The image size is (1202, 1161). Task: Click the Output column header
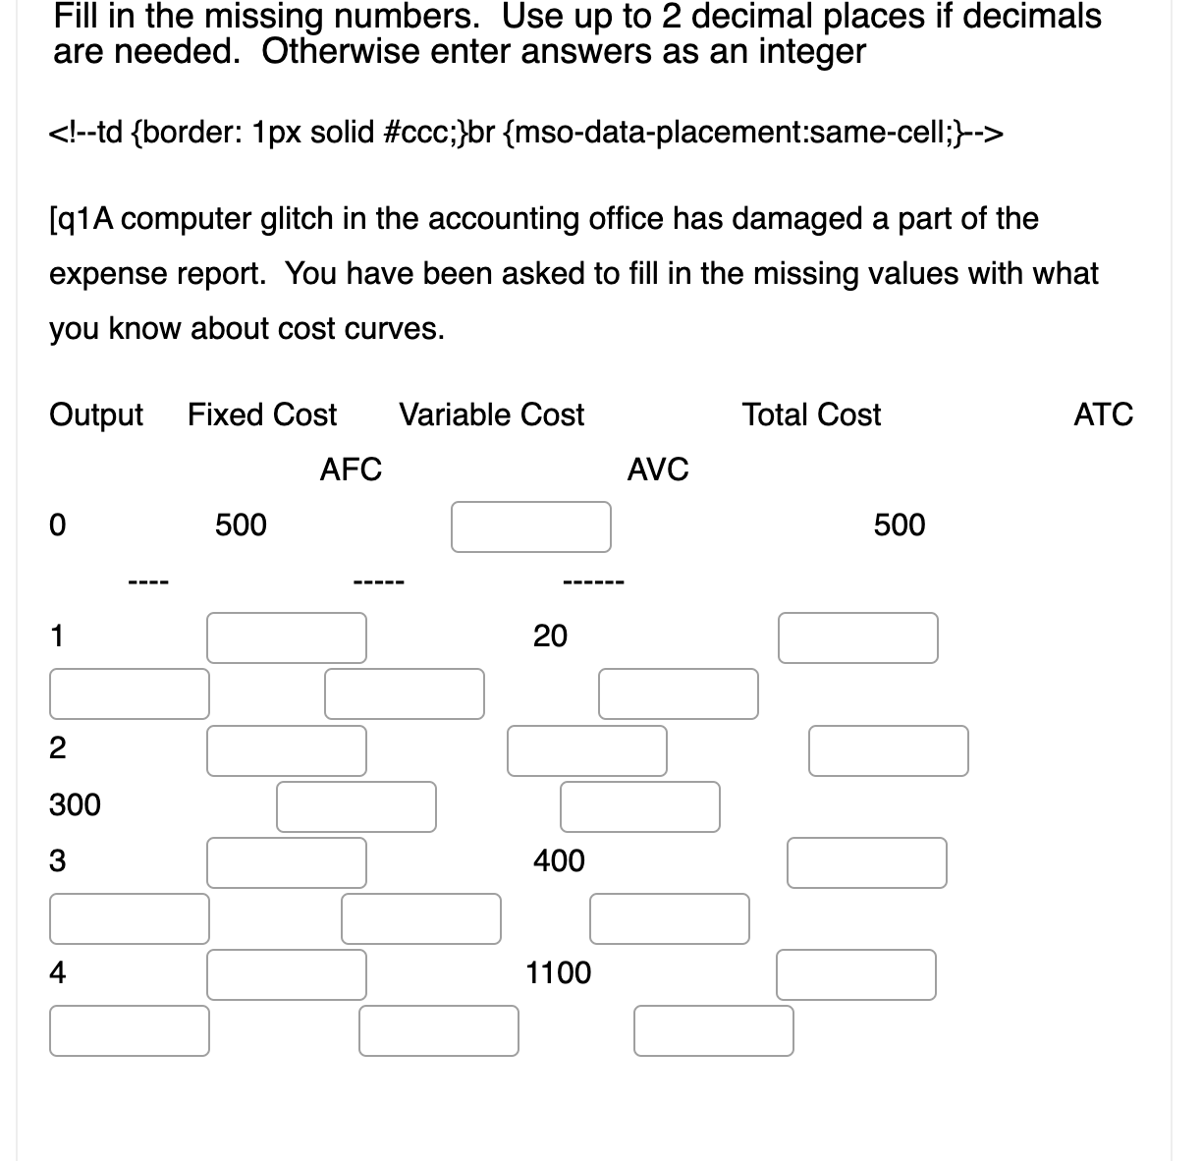[x=96, y=415]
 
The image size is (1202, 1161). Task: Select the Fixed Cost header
[x=262, y=415]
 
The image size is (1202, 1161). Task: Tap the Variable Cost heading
[x=491, y=415]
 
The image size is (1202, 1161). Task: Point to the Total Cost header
[x=811, y=415]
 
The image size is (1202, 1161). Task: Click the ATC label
[x=1103, y=415]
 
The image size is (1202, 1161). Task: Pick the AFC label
[x=351, y=470]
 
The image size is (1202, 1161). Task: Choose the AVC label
[x=658, y=470]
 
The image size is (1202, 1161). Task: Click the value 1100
[x=559, y=973]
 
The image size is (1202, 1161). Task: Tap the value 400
[x=559, y=861]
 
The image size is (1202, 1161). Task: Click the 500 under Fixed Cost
[x=241, y=525]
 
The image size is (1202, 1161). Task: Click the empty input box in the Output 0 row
[x=531, y=527]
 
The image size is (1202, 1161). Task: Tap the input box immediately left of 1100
[x=287, y=974]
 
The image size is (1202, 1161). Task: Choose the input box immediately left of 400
[x=287, y=862]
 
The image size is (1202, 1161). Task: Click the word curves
[x=405, y=328]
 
